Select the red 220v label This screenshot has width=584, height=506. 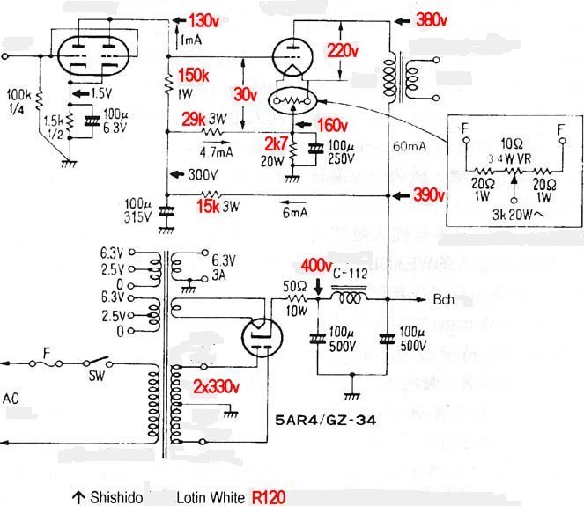(343, 51)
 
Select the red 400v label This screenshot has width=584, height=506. (315, 265)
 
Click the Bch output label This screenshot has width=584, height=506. (445, 300)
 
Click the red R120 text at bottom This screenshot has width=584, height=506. (268, 496)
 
